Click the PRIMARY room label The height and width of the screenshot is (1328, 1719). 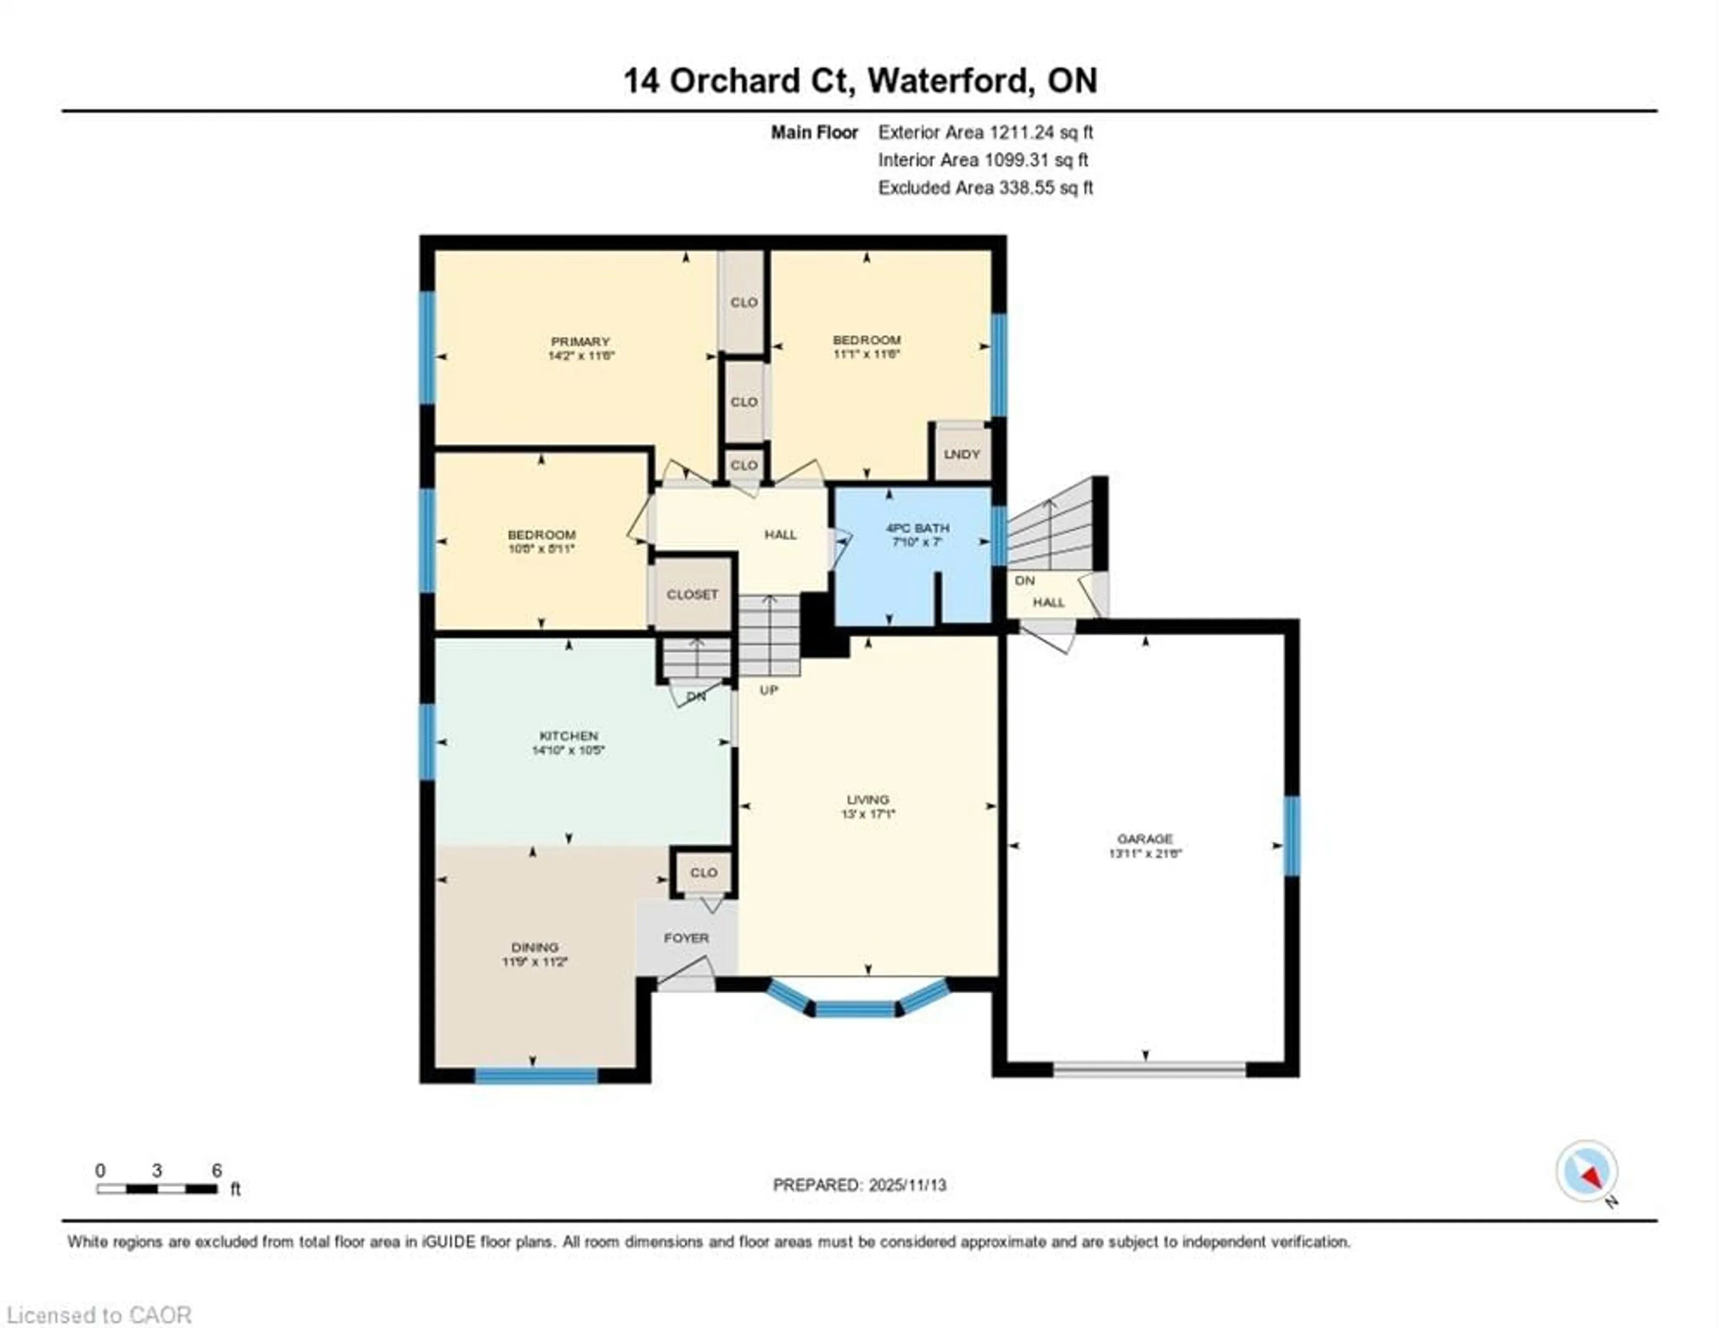[580, 342]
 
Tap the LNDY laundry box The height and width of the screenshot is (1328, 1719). [961, 454]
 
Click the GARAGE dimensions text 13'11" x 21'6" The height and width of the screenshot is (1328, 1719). [1145, 853]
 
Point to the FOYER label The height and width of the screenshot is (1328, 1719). [686, 938]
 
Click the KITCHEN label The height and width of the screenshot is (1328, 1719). [568, 735]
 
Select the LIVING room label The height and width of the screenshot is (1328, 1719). [868, 799]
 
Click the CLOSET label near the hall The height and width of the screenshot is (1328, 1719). [692, 594]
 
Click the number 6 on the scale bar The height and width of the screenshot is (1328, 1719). [217, 1170]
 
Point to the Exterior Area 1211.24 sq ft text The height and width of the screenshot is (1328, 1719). [985, 132]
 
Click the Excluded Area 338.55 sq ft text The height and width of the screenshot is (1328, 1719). [985, 188]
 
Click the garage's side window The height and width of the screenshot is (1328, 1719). [1291, 836]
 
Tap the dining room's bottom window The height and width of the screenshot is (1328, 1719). [536, 1075]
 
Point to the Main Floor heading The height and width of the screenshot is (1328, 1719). [814, 132]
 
